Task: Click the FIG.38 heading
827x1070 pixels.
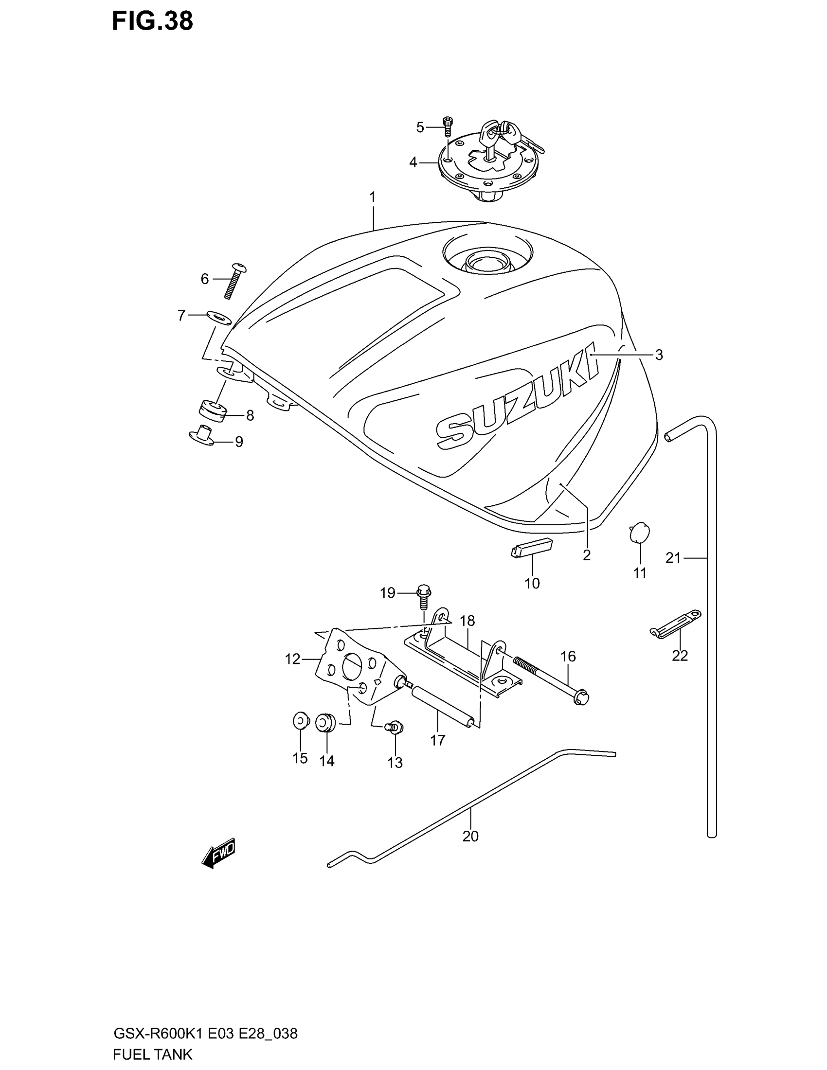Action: coord(152,21)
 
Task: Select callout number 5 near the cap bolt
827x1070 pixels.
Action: coord(420,127)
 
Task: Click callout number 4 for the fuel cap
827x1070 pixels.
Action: coord(413,162)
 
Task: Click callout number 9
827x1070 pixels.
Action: coord(239,442)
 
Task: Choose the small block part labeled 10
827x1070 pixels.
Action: coord(531,548)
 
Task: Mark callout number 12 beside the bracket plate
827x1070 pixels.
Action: coord(292,660)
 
